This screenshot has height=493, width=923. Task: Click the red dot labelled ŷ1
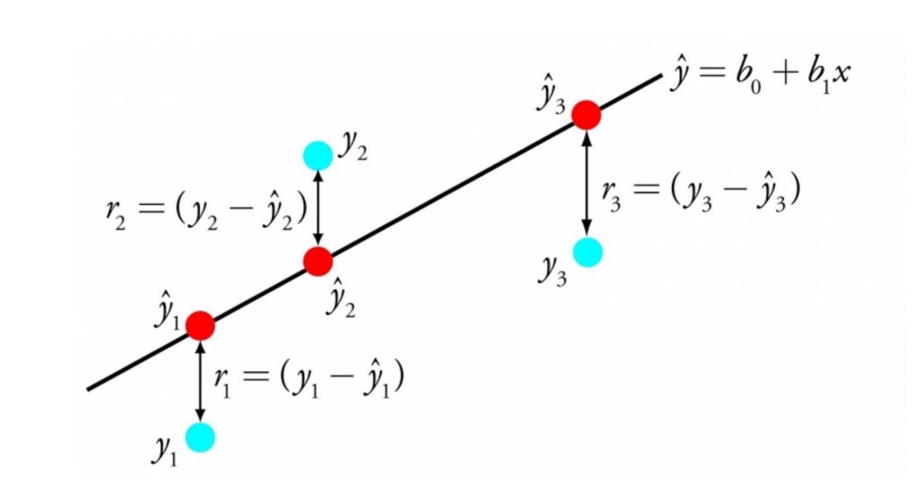[200, 326]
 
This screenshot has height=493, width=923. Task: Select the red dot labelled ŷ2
[318, 261]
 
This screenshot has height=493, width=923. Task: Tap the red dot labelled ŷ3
[586, 115]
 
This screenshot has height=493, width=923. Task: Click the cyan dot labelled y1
[200, 438]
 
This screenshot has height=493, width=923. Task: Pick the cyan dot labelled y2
[318, 155]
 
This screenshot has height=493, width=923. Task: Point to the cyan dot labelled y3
[587, 252]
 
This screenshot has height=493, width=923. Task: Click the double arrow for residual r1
[200, 381]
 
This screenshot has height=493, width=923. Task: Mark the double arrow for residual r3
[586, 183]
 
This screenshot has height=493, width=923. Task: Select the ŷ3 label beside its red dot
[550, 98]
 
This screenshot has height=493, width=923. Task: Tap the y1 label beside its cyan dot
[163, 450]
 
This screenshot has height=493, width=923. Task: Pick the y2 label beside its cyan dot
[353, 148]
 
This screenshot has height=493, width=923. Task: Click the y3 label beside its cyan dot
[553, 272]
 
